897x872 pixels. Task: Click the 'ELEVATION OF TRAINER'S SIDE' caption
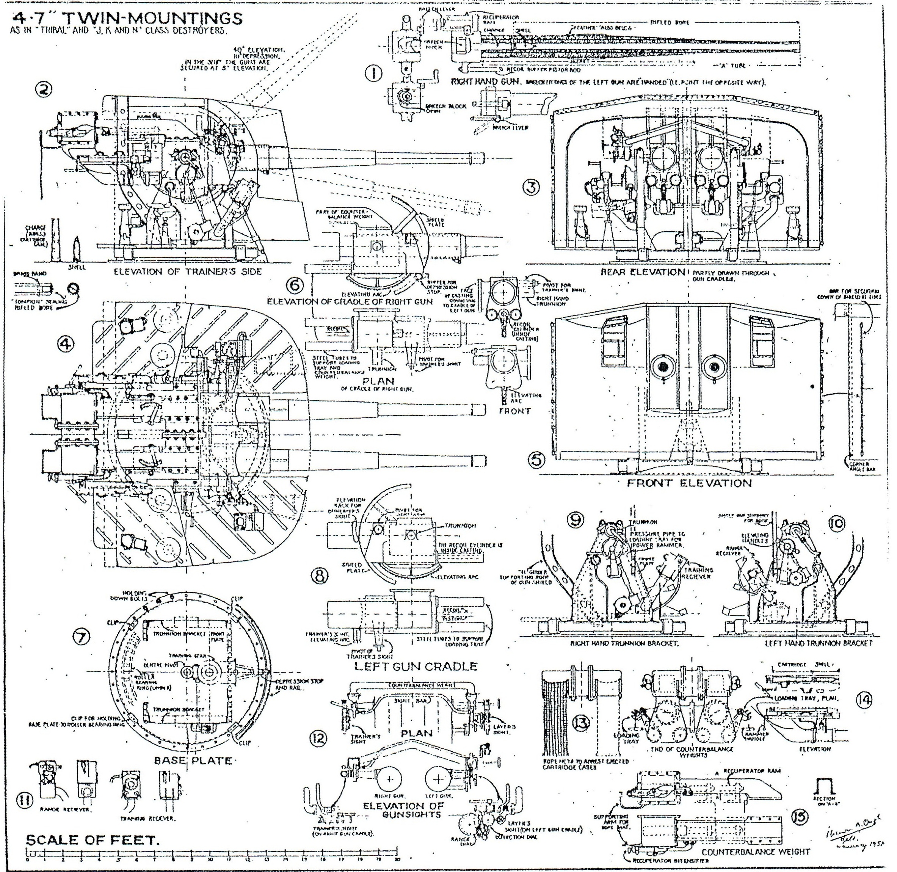[188, 271]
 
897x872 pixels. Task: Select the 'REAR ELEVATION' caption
[643, 272]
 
